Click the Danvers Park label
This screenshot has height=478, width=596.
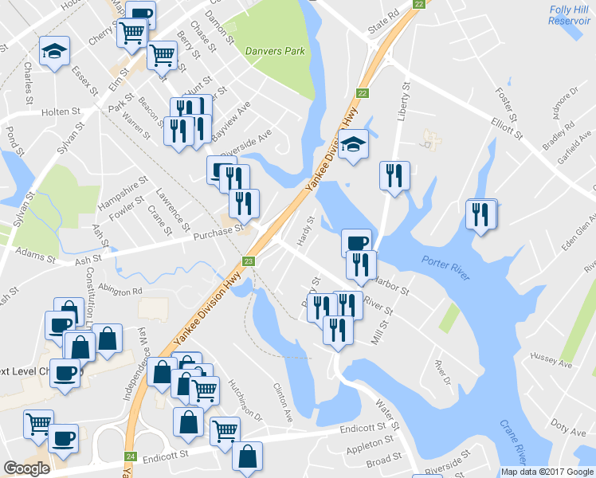[276, 51]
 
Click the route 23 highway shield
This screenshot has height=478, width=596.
[249, 261]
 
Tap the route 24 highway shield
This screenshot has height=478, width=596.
[131, 457]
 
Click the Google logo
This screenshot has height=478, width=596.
[27, 468]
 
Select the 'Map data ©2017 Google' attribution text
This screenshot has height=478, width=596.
[547, 472]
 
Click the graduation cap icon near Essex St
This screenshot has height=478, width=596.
[54, 52]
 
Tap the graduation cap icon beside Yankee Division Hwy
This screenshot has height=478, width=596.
[353, 144]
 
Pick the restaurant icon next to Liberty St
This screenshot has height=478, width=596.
[394, 175]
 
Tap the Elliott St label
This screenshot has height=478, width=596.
[506, 127]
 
